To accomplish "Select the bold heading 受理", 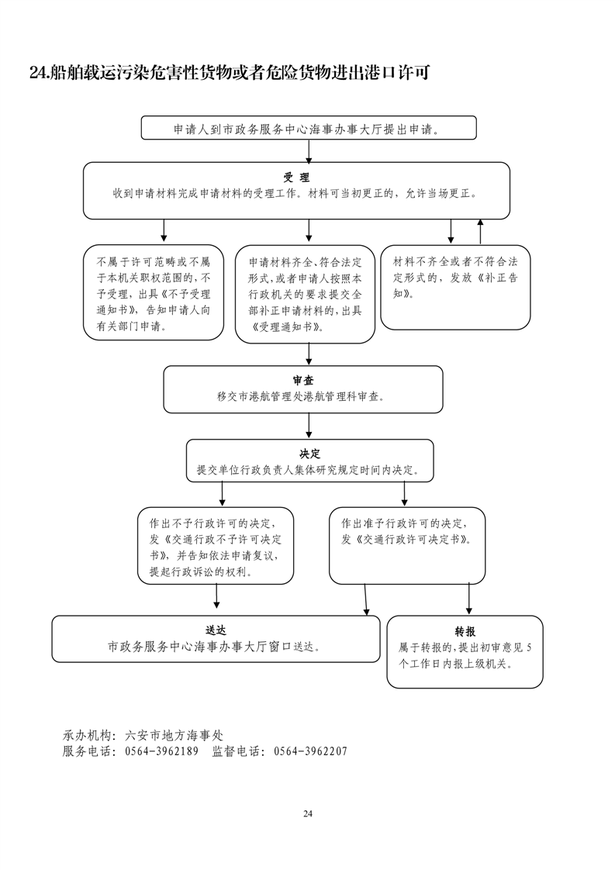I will coord(296,178).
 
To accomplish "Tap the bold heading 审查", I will coord(302,381).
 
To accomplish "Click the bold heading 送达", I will coord(216,630).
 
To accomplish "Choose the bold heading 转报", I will coord(465,632).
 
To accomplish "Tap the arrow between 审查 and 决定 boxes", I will coord(309,426).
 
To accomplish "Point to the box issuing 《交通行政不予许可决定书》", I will coord(215,545).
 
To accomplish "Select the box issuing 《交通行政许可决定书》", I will coord(406,545).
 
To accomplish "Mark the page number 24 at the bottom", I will coord(307,813).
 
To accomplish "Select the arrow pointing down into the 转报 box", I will coord(468,599).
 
